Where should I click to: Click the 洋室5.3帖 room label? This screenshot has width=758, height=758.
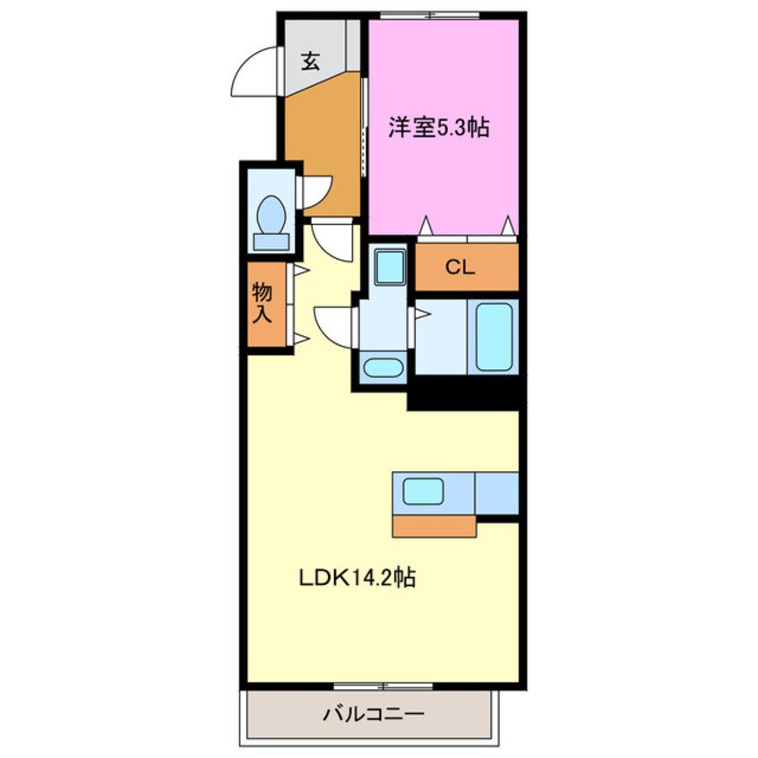click(x=438, y=128)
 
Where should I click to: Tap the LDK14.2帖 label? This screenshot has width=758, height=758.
click(x=356, y=578)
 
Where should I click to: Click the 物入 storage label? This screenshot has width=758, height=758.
click(x=263, y=303)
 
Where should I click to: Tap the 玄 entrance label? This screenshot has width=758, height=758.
click(x=310, y=62)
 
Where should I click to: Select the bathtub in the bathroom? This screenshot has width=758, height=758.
click(x=494, y=337)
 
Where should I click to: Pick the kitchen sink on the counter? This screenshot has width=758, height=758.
click(x=423, y=491)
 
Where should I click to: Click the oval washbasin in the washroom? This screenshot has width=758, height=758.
click(x=383, y=367)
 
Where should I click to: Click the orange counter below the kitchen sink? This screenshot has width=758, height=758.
click(x=434, y=526)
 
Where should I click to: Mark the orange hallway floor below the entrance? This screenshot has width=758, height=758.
click(x=323, y=143)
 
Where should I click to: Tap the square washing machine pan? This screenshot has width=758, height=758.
click(x=388, y=265)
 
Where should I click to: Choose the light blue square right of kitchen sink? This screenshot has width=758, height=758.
click(x=496, y=492)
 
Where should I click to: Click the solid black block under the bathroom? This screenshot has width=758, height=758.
click(x=464, y=393)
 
